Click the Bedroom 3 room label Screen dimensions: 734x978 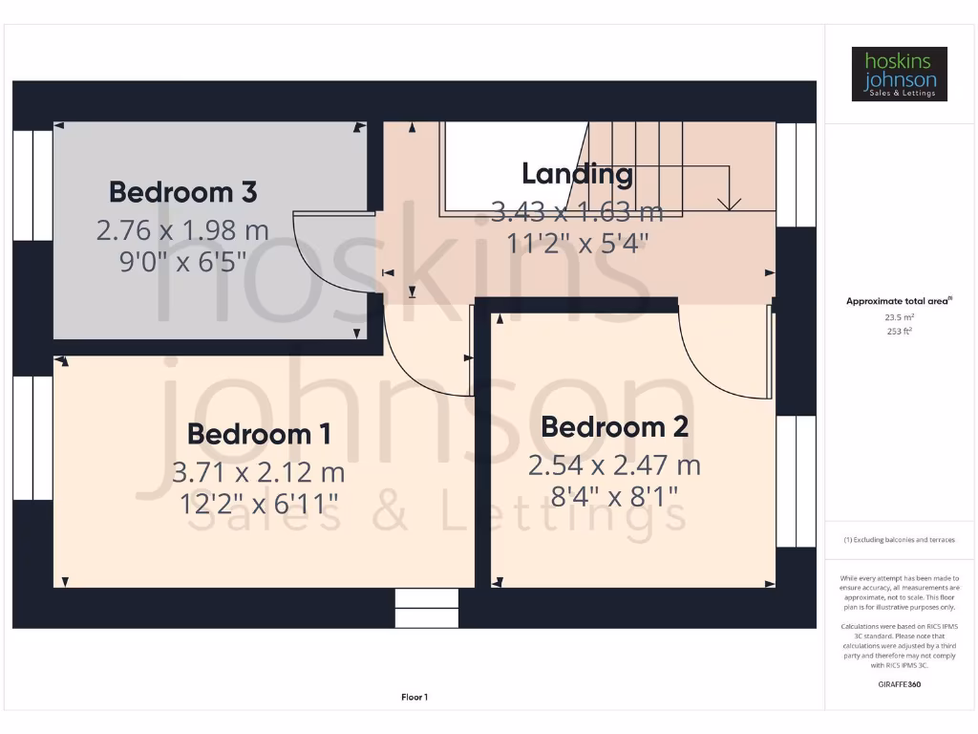tap(182, 192)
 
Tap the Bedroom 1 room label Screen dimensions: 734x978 tap(259, 434)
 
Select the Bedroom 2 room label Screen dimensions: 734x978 tap(614, 426)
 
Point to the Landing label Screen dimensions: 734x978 tap(577, 174)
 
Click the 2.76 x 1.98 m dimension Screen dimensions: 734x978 tap(182, 229)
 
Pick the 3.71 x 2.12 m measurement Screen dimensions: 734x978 tap(259, 472)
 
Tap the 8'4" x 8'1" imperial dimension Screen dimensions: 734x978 tap(614, 495)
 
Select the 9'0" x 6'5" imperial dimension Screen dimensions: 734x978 tap(182, 260)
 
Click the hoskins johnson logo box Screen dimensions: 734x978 tap(899, 74)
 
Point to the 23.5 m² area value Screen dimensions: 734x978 tap(899, 317)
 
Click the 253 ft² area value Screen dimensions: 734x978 tap(899, 331)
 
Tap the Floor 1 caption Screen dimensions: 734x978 tap(415, 698)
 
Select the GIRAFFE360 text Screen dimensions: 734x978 tap(899, 684)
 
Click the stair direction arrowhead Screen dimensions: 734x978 tap(730, 203)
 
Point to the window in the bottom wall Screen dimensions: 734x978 tap(426, 608)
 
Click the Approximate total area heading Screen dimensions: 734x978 tap(899, 301)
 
